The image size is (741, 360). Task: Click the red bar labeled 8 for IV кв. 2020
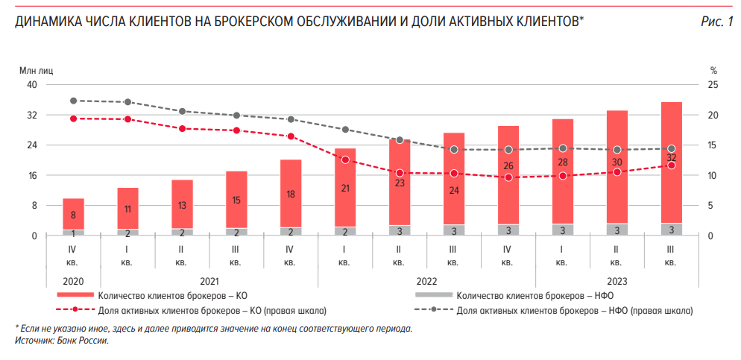tap(73, 215)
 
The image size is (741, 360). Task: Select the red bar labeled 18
tap(291, 193)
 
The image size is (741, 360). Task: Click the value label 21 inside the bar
tap(344, 189)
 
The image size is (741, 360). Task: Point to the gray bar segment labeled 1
tap(73, 233)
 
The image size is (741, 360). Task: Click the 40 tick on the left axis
tap(32, 85)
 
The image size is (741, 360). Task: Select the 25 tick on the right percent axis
tap(712, 85)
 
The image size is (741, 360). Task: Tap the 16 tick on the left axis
tap(32, 176)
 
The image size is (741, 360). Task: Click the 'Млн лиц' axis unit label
tap(36, 69)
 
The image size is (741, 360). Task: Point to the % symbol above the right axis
tap(712, 69)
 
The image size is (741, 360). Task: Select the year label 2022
tap(426, 281)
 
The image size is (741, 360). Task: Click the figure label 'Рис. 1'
tap(717, 22)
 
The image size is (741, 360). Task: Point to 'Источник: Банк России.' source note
tap(62, 340)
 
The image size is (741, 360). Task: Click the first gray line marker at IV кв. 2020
tap(73, 101)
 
